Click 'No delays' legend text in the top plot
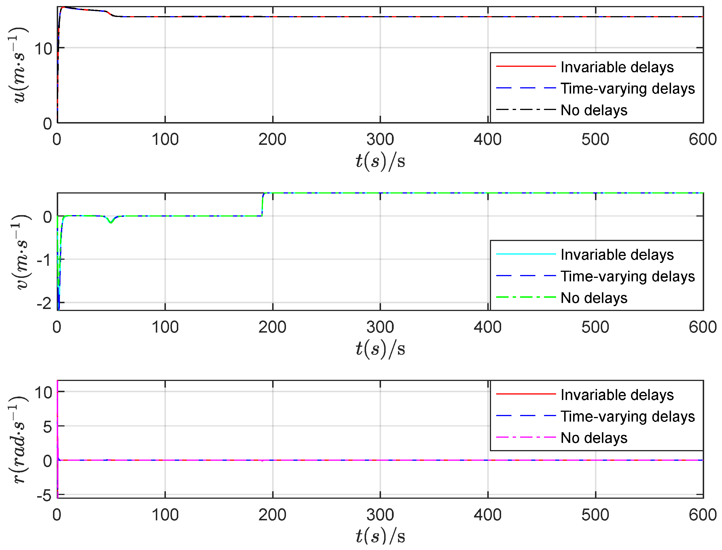pos(593,110)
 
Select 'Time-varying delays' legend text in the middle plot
pos(627,276)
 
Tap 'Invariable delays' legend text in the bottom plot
pos(617,395)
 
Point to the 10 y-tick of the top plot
pos(43,49)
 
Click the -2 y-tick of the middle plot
pos(44,304)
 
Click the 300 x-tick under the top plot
pos(380,140)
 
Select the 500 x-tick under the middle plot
pos(595,327)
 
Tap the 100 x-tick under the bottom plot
pos(165,515)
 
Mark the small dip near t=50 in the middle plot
pos(111,222)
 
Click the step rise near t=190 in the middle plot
pos(262,205)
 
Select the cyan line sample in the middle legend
pos(526,254)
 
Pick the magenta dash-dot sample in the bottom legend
pos(526,437)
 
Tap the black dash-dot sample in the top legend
pos(526,109)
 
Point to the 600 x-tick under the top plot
pos(702,140)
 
